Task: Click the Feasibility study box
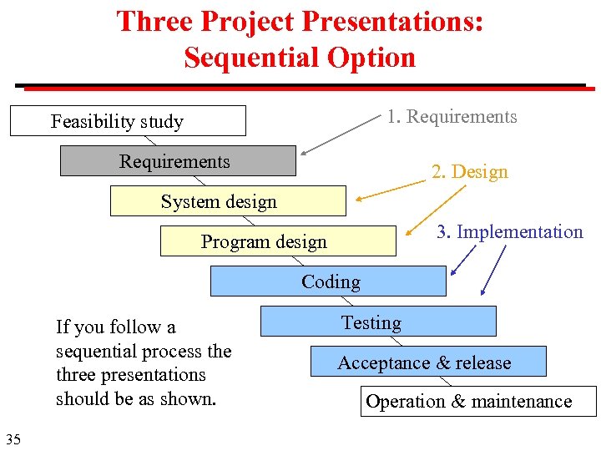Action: pos(128,121)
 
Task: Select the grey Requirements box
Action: pos(177,161)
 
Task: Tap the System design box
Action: pos(227,201)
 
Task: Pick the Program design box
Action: pos(277,241)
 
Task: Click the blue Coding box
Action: pos(328,281)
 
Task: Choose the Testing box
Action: pos(377,322)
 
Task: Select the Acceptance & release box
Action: pos(428,362)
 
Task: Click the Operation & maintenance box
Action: pos(479,402)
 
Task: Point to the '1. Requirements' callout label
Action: pos(452,117)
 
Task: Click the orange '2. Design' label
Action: pos(469,172)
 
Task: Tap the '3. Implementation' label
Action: pos(509,232)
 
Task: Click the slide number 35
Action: pos(13,439)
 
